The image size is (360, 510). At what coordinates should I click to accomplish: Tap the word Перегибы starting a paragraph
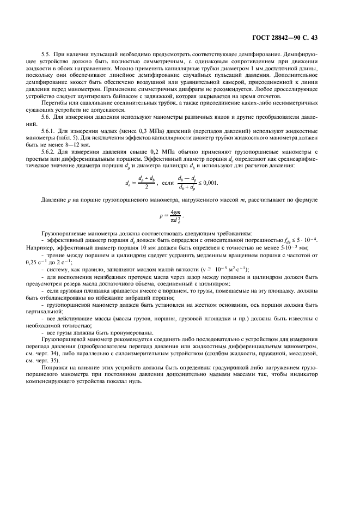click(x=52, y=116)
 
